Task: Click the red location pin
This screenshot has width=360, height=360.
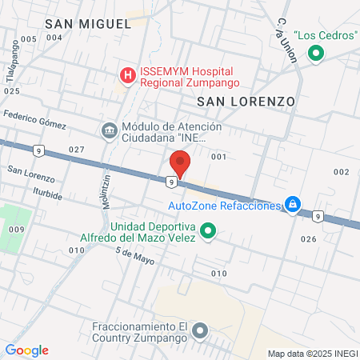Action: [180, 163]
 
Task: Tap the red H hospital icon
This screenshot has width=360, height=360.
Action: [127, 76]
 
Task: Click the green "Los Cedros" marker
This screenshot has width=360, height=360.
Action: [316, 54]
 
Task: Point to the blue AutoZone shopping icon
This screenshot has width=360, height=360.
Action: [294, 205]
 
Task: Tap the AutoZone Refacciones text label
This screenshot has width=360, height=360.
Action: [225, 206]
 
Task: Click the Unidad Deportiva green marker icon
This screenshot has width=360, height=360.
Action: [208, 232]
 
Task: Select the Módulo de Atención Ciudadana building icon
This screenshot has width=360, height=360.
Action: [109, 130]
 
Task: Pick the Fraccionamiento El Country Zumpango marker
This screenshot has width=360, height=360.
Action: [200, 330]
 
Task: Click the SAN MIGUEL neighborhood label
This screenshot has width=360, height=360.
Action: [88, 24]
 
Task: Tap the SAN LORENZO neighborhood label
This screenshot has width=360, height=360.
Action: [246, 102]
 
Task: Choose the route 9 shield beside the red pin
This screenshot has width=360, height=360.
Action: [172, 182]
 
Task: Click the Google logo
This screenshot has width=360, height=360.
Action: [27, 350]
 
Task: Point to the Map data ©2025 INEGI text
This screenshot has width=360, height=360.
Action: [311, 354]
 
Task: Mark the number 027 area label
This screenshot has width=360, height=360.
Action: [77, 150]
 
